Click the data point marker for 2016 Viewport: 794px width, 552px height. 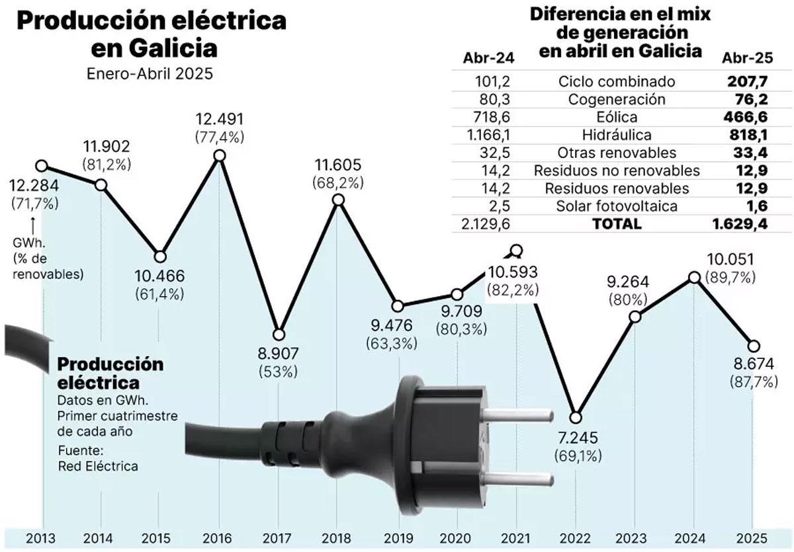tap(220, 156)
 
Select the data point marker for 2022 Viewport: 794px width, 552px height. tap(576, 417)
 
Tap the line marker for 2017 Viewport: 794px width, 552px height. tap(279, 335)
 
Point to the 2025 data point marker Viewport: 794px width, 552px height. tap(753, 346)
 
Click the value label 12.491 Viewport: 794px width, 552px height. tap(220, 120)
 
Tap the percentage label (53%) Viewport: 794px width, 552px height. tap(279, 372)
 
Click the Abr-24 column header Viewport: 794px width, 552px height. tap(488, 58)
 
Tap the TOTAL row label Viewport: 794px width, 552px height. tap(617, 223)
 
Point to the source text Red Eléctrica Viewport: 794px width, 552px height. tap(98, 466)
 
